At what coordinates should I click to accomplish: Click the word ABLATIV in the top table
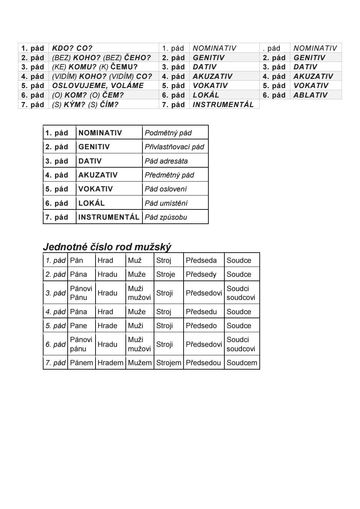310,95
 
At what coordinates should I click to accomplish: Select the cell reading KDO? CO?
72,48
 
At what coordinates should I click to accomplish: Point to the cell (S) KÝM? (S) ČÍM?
85,104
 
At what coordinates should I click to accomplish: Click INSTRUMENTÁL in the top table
223,104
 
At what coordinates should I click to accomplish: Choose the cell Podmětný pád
168,133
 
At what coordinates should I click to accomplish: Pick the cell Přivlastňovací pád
174,147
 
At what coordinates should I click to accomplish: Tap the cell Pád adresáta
166,161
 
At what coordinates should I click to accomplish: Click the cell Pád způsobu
166,217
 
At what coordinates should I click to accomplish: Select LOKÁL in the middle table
91,203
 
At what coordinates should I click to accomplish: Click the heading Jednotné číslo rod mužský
107,247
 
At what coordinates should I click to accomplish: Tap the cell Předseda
201,260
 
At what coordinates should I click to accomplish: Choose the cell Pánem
81,363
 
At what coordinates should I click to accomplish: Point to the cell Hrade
107,326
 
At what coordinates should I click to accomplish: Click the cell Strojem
169,363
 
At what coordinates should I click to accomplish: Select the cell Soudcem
242,363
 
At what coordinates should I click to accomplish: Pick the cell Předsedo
201,326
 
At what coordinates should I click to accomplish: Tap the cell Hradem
110,363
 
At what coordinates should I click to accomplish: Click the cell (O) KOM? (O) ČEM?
88,95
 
